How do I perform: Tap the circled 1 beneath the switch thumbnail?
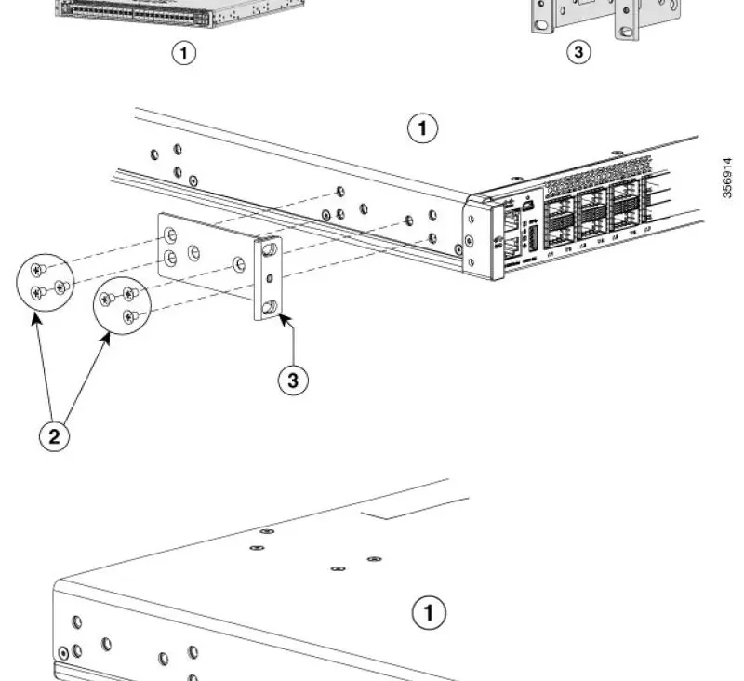coord(187,53)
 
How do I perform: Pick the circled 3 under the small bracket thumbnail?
coord(578,53)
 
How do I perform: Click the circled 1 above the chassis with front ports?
coord(423,129)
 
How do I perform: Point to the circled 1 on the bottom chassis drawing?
coord(429,613)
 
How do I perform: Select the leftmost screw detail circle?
coord(46,284)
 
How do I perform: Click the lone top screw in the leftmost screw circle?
coord(36,270)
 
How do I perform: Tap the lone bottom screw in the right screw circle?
coord(129,316)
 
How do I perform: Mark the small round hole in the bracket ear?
coord(270,278)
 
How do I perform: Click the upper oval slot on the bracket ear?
coord(271,250)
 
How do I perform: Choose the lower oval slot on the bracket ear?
coord(270,306)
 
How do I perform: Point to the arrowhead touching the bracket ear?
coord(281,320)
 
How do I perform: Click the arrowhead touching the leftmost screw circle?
coord(36,316)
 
